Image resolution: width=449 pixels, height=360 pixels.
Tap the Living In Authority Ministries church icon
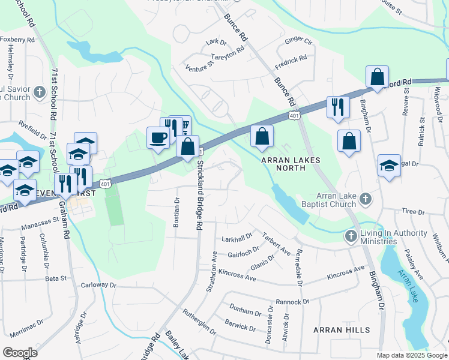coord(351,236)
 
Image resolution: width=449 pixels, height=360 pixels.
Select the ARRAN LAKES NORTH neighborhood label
coord(291,164)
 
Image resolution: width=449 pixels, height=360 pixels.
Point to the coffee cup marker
coord(158,137)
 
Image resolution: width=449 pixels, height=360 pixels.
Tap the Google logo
coord(20,352)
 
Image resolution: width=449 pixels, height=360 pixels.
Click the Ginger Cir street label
coord(299,41)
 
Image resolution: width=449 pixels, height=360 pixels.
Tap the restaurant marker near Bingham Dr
coord(338,107)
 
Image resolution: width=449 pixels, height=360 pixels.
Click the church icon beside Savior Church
coord(40,92)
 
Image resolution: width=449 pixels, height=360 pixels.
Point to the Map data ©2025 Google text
coord(411,355)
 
